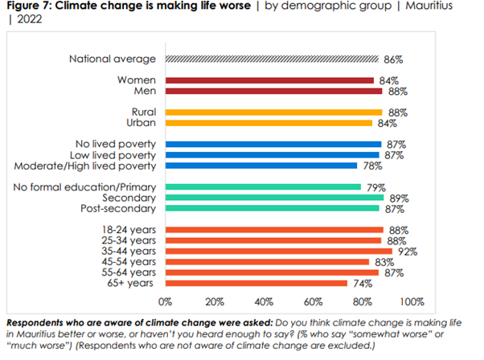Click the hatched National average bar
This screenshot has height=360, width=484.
(x=272, y=59)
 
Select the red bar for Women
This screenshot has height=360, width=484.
(x=269, y=80)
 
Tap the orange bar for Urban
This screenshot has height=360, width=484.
(x=269, y=123)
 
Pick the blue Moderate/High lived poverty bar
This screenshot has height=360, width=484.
(x=261, y=166)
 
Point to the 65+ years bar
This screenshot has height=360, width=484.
(x=256, y=283)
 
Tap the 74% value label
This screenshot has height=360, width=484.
(x=360, y=283)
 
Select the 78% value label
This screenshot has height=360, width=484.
(x=369, y=166)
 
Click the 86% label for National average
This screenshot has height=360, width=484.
(x=392, y=59)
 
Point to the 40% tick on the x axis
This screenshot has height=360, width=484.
(x=264, y=302)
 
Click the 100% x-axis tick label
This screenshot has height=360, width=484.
(x=411, y=302)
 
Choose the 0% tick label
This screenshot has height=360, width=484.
(x=166, y=302)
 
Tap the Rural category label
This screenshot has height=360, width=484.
(x=144, y=112)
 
